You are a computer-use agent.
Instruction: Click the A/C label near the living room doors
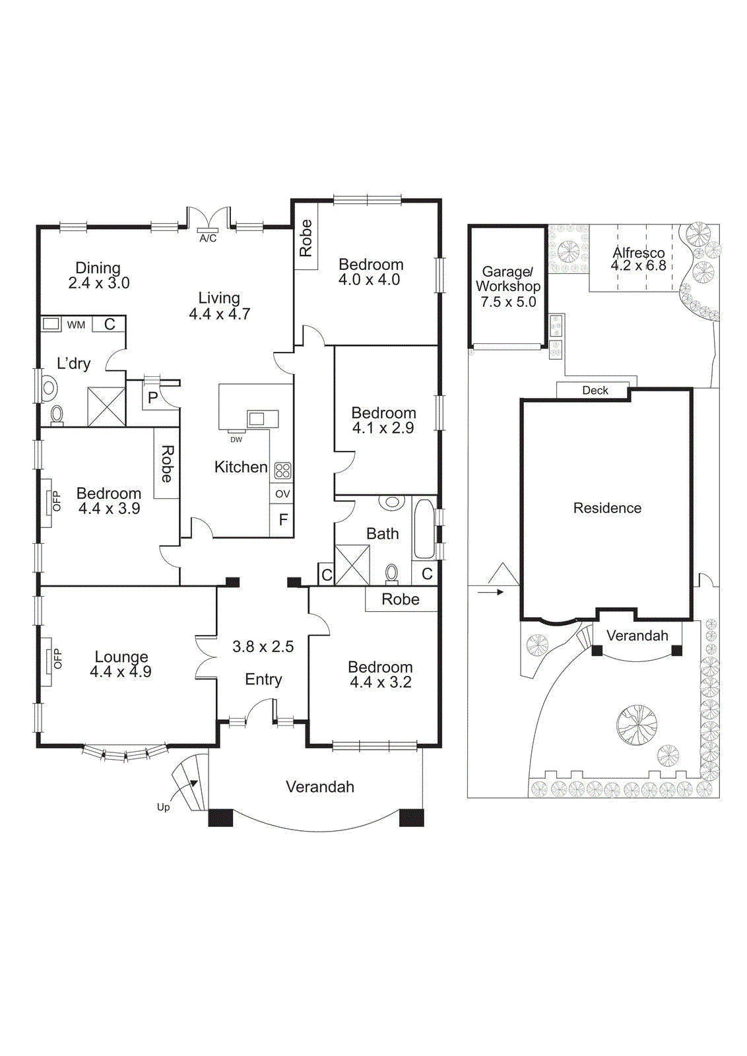[208, 238]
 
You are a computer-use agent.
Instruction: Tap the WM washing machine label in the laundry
[76, 325]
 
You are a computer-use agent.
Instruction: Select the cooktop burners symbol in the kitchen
[282, 471]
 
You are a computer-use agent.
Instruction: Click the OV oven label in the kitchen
[282, 494]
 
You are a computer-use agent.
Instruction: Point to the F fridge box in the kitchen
[282, 520]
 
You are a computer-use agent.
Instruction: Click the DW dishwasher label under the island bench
[236, 440]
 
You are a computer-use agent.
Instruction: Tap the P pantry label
[152, 397]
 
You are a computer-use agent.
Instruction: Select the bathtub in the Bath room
[424, 529]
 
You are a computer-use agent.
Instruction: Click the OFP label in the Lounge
[57, 658]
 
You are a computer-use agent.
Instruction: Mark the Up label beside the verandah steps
[163, 807]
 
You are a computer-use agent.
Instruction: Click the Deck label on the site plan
[595, 391]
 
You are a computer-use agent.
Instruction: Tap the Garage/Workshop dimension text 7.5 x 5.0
[508, 302]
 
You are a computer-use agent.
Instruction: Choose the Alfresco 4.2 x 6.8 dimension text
[638, 266]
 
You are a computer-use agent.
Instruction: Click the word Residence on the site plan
[607, 508]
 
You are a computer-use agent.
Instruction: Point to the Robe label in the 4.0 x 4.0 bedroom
[306, 238]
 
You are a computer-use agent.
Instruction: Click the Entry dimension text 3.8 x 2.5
[263, 647]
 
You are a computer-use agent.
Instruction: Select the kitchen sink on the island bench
[257, 418]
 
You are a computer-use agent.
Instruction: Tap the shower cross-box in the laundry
[106, 407]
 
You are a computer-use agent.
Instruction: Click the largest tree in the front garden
[637, 725]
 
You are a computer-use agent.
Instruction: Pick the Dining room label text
[98, 268]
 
